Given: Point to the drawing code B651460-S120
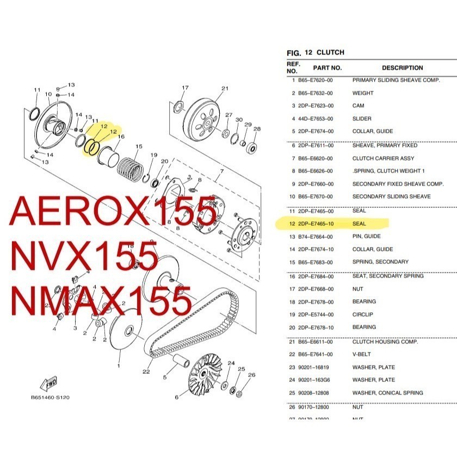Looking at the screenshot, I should [50, 398].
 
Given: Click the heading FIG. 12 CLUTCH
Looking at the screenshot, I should [315, 53].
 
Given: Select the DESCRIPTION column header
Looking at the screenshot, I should [402, 68].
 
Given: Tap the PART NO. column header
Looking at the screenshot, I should [327, 68].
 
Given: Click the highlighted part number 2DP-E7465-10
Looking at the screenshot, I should [316, 224].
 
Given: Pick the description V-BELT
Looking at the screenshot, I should [362, 354].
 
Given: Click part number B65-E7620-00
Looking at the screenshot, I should [316, 80].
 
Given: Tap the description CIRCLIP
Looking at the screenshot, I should [363, 314].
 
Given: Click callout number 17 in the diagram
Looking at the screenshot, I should [184, 88].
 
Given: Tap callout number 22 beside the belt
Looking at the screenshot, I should [146, 372].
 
